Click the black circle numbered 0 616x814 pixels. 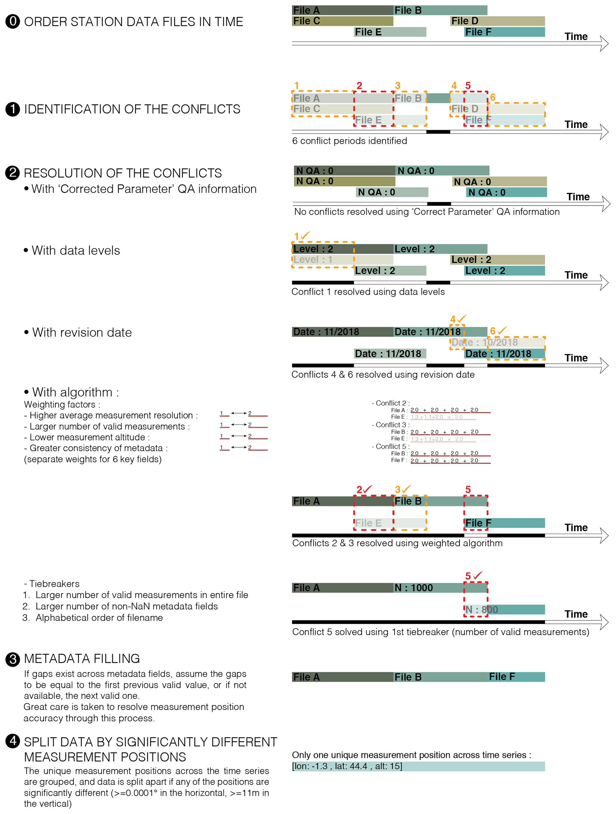point(13,21)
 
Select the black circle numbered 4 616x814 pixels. point(13,740)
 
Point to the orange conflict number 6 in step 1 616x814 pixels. point(492,97)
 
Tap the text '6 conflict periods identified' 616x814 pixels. point(349,141)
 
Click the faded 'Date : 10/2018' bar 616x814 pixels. point(497,343)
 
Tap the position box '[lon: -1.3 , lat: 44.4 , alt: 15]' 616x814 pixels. point(418,767)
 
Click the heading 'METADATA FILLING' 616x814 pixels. point(82,659)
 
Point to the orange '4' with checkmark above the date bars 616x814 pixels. point(457,319)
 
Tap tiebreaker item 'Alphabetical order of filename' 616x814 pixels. point(99,618)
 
